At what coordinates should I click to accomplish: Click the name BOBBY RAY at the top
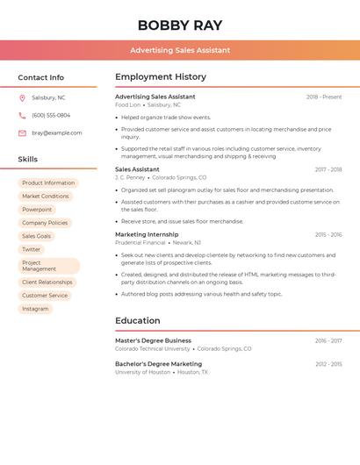pyautogui.click(x=180, y=25)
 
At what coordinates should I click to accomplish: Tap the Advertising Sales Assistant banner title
pyautogui.click(x=180, y=50)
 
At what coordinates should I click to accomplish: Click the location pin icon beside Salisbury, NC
pyautogui.click(x=22, y=97)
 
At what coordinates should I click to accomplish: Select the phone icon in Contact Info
pyautogui.click(x=22, y=115)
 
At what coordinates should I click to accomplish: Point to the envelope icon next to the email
pyautogui.click(x=22, y=133)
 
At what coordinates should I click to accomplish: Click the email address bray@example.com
pyautogui.click(x=57, y=133)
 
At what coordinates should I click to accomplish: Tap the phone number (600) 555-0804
pyautogui.click(x=51, y=115)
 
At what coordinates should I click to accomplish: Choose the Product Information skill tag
pyautogui.click(x=48, y=183)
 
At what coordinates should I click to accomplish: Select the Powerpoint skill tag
pyautogui.click(x=37, y=210)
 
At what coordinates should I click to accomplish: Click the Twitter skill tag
pyautogui.click(x=32, y=249)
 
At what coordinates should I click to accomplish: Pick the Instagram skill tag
pyautogui.click(x=35, y=309)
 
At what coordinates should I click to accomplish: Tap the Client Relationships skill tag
pyautogui.click(x=47, y=283)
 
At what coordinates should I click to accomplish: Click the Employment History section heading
pyautogui.click(x=161, y=77)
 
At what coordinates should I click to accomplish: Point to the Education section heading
pyautogui.click(x=138, y=320)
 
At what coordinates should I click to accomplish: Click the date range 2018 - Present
pyautogui.click(x=324, y=97)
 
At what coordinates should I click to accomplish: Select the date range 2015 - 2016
pyautogui.click(x=328, y=235)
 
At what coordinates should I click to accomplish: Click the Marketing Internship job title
pyautogui.click(x=147, y=234)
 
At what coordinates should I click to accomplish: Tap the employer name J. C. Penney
pyautogui.click(x=130, y=177)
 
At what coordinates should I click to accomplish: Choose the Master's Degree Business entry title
pyautogui.click(x=153, y=340)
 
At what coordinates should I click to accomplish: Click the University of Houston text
pyautogui.click(x=142, y=372)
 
